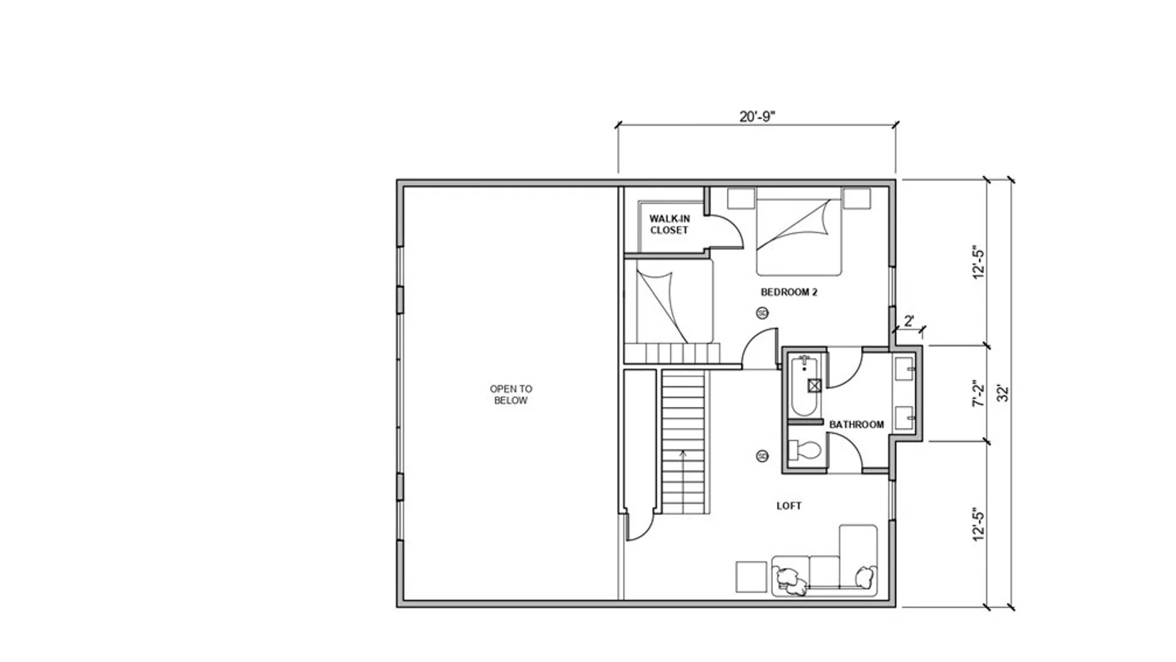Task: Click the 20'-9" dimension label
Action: point(757,116)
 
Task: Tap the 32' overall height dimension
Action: point(1003,393)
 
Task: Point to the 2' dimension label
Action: point(909,321)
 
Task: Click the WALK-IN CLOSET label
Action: point(669,224)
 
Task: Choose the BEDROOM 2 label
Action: point(789,292)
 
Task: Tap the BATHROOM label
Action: point(856,424)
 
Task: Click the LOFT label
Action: point(789,506)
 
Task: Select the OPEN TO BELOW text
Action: point(511,394)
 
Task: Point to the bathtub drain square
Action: point(815,386)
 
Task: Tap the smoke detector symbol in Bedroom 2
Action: point(763,313)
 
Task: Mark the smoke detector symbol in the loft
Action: point(763,456)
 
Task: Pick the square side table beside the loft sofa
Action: point(751,577)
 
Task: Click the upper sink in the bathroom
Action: point(904,370)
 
